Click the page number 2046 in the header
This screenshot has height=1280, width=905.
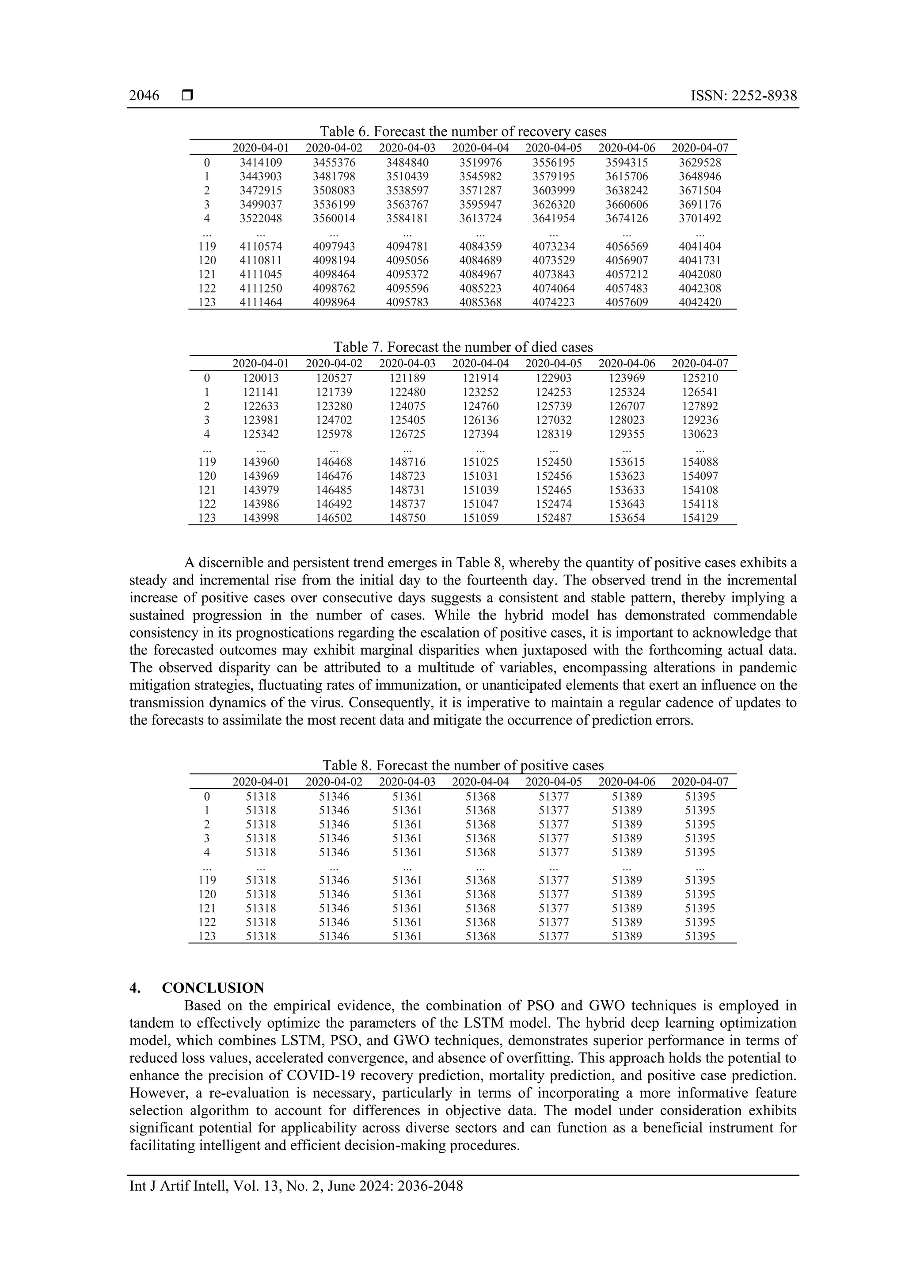[144, 96]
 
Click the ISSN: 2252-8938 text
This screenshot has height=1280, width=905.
[743, 96]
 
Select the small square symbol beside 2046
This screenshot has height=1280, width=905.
[187, 96]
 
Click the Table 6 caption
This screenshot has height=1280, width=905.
[462, 132]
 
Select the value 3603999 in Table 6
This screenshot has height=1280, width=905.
[553, 191]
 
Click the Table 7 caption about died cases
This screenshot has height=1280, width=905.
[462, 347]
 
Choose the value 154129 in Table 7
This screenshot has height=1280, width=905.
[700, 518]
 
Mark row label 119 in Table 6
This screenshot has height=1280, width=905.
[207, 247]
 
